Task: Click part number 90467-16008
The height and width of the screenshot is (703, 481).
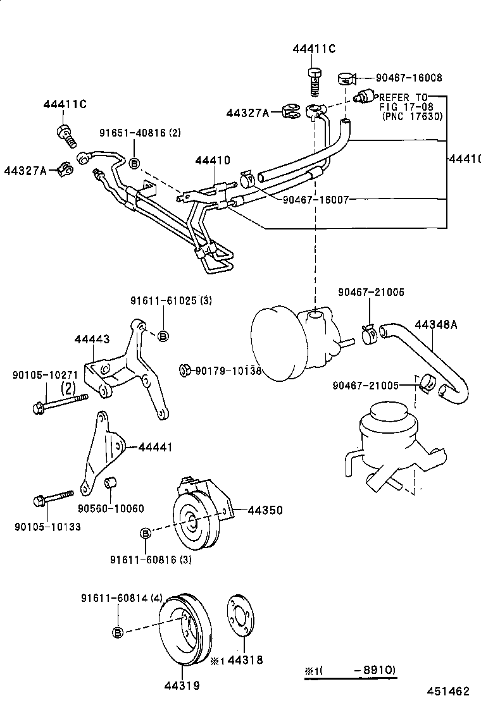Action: coord(409,78)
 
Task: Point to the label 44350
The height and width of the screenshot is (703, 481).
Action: coord(265,510)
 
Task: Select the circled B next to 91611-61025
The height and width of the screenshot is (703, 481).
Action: coord(163,336)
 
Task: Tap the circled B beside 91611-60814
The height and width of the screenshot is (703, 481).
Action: coord(118,632)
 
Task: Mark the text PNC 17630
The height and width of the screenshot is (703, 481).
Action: coord(411,116)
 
